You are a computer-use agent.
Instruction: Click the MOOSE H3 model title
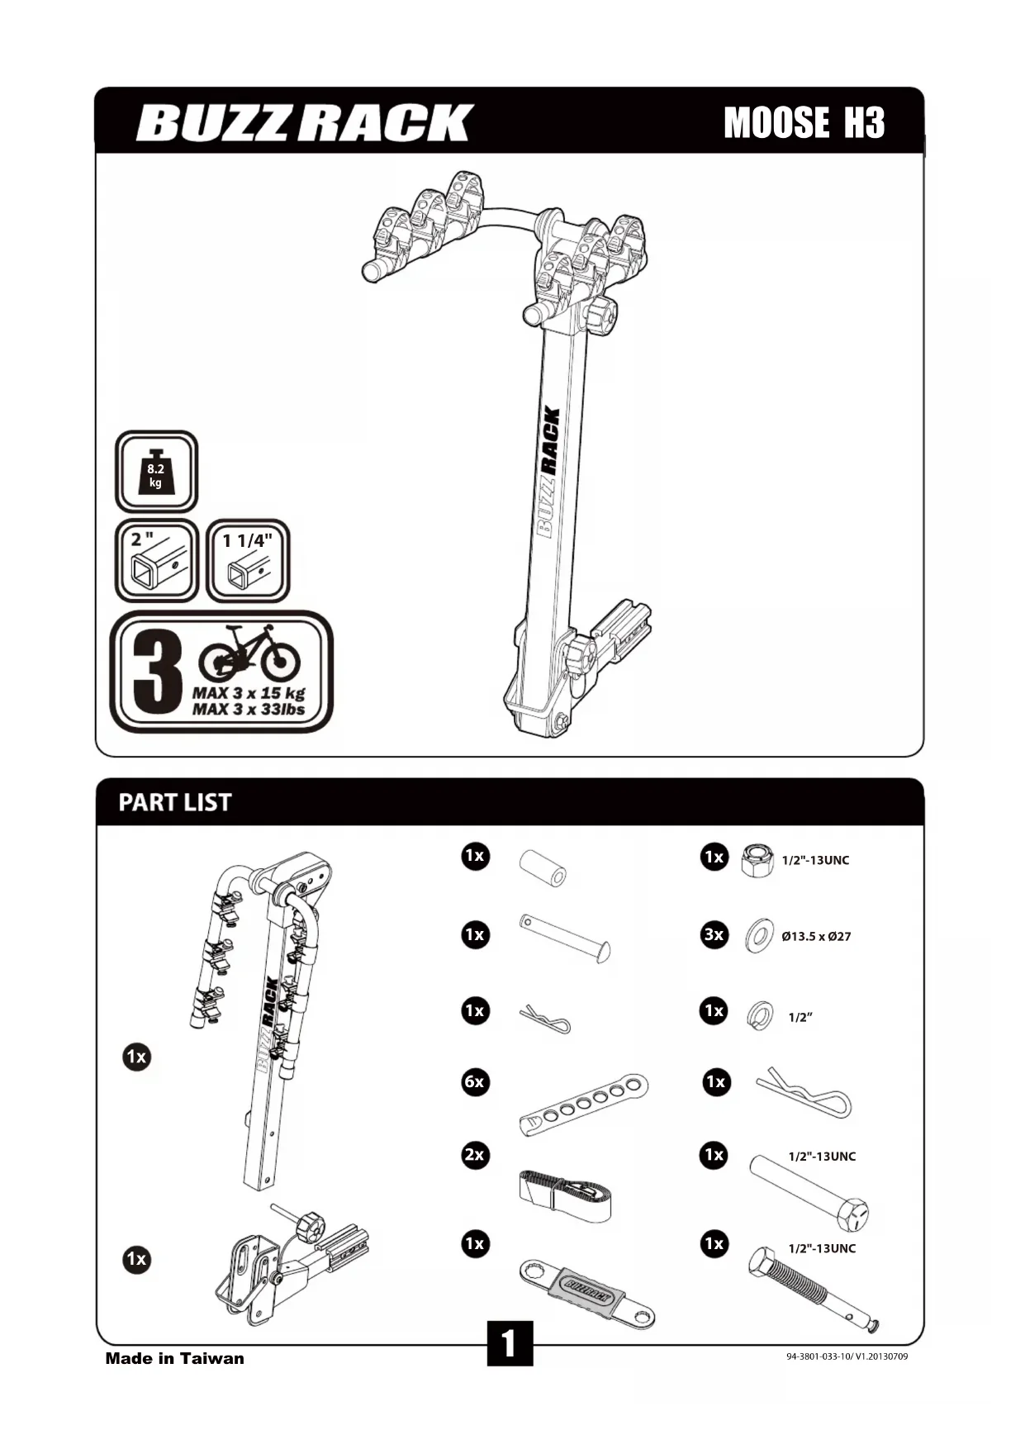[804, 123]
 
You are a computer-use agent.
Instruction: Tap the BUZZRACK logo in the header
[304, 123]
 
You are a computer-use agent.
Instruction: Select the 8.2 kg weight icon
[156, 472]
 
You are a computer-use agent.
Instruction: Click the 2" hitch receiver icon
[156, 561]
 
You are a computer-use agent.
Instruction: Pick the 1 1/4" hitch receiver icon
[248, 561]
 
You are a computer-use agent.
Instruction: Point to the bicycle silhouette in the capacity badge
[249, 653]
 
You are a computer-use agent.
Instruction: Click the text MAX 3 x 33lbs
[249, 709]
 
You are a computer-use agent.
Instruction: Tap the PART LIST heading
[175, 802]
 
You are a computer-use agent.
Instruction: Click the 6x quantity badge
[475, 1081]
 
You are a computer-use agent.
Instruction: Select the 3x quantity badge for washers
[714, 935]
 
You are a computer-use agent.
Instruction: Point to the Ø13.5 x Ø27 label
[816, 936]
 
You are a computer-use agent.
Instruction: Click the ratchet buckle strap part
[566, 1195]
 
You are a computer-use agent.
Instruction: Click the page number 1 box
[510, 1343]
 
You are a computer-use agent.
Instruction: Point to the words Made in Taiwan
[174, 1358]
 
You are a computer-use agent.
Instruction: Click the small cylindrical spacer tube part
[543, 868]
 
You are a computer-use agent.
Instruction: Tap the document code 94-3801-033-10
[847, 1356]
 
